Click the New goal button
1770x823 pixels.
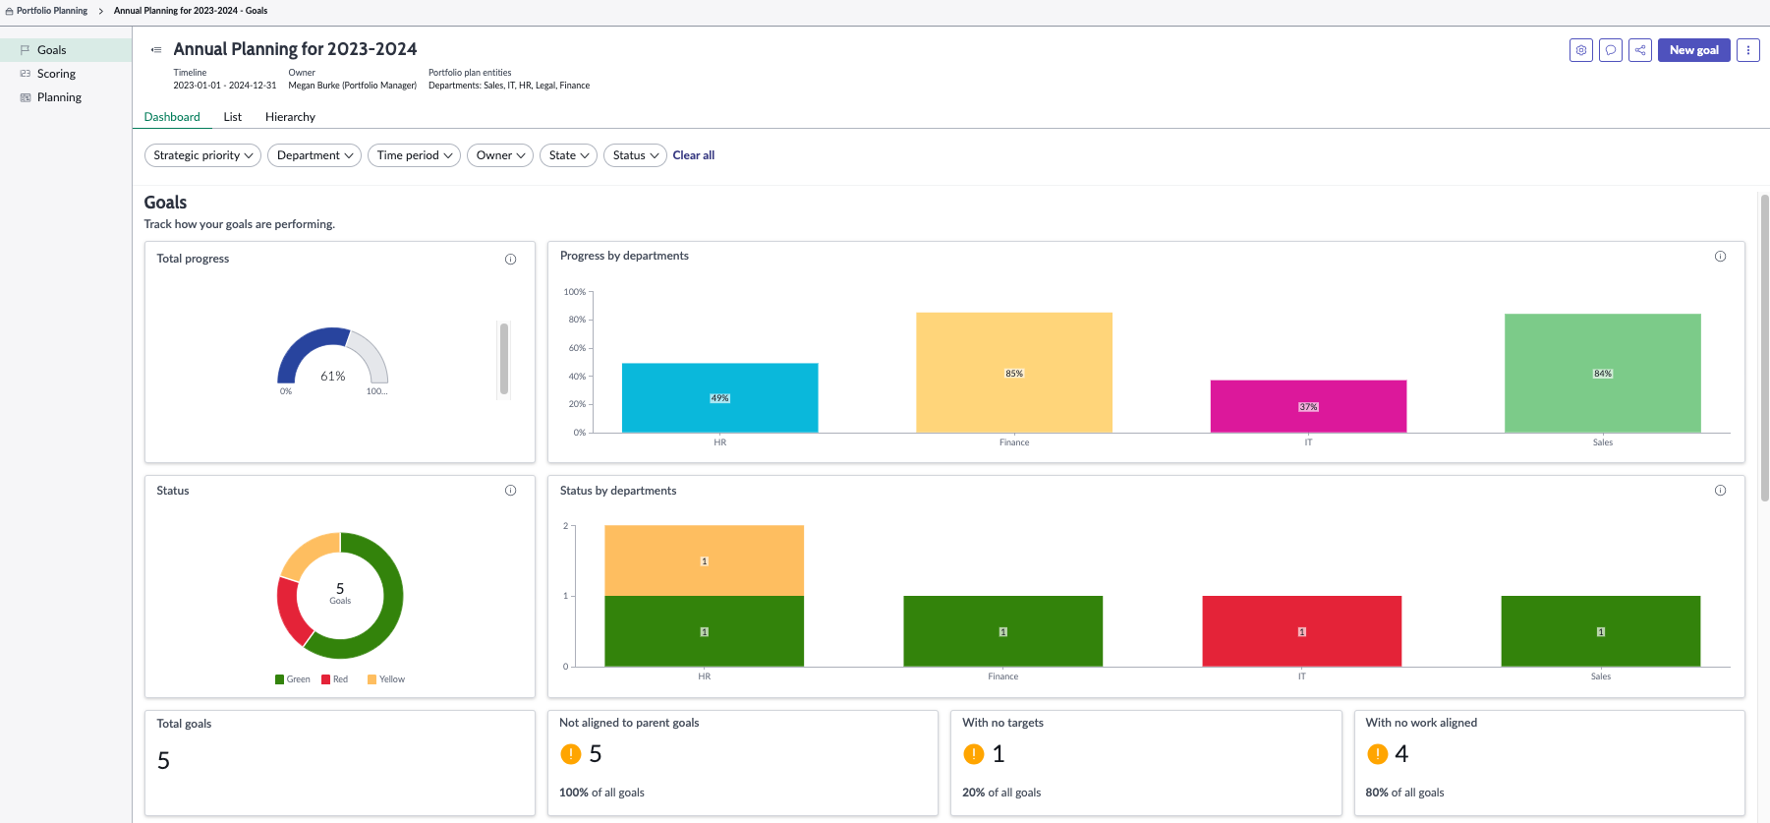click(1693, 50)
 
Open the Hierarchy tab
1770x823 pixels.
click(290, 117)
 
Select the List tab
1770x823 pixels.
click(232, 117)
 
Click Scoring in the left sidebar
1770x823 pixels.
click(56, 74)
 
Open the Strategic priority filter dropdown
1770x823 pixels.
click(202, 155)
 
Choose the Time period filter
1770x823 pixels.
click(414, 155)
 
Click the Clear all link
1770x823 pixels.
click(694, 155)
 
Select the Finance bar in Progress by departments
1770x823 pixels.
click(1014, 373)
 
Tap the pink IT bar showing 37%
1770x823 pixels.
click(1308, 406)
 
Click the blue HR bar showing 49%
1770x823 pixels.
click(719, 398)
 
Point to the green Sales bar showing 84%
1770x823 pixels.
click(1602, 374)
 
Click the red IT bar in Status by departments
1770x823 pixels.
click(1301, 631)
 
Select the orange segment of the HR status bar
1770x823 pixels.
click(704, 560)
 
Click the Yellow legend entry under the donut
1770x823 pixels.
click(386, 679)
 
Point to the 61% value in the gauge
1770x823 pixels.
click(333, 376)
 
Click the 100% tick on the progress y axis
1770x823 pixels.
click(575, 292)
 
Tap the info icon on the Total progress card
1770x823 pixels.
click(510, 260)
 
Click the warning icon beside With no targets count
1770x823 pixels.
click(974, 754)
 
